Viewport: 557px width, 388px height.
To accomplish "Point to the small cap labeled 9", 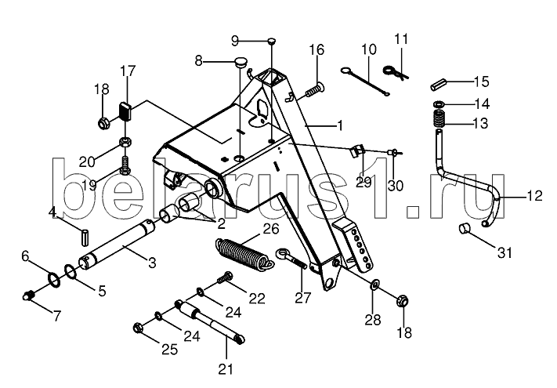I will tap(271, 40).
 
